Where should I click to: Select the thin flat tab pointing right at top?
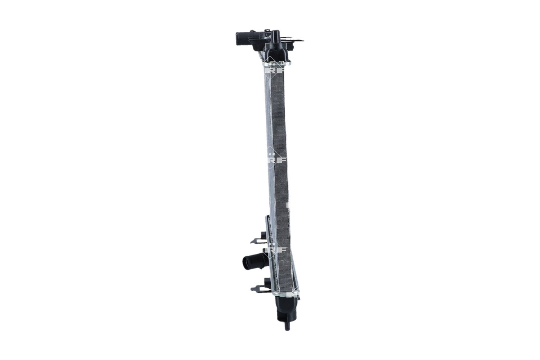pyautogui.click(x=298, y=41)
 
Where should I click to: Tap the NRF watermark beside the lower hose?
pyautogui.click(x=275, y=248)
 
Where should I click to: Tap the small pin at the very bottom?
pyautogui.click(x=287, y=327)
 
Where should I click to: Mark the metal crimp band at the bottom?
pyautogui.click(x=286, y=294)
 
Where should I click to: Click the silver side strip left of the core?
pyautogui.click(x=268, y=144)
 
